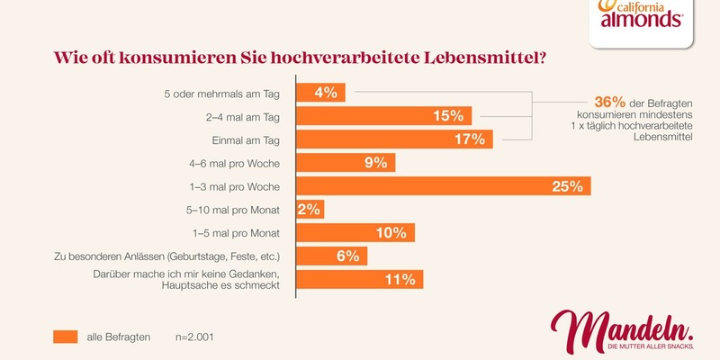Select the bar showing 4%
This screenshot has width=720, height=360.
[320, 93]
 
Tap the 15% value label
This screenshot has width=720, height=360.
[447, 116]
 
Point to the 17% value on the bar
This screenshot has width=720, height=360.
[469, 139]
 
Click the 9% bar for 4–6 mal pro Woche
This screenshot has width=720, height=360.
[346, 163]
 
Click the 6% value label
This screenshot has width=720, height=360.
[346, 256]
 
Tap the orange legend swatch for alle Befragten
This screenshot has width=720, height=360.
[65, 337]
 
